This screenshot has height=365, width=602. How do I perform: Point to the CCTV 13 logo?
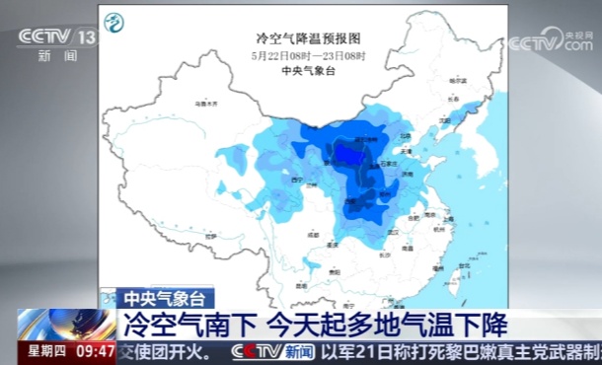click(57, 37)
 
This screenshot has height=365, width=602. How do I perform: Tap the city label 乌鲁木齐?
click(205, 102)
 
